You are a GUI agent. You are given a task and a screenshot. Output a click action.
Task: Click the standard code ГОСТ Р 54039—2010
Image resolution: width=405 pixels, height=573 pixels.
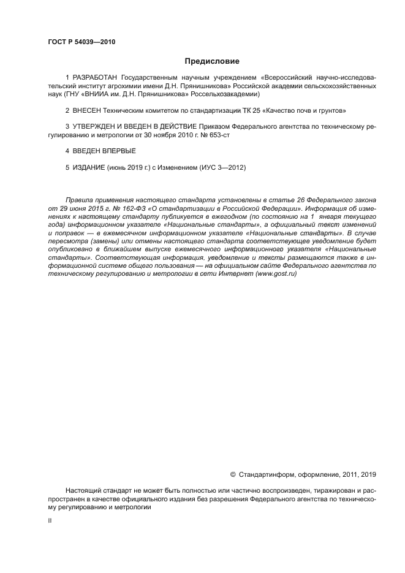(81, 42)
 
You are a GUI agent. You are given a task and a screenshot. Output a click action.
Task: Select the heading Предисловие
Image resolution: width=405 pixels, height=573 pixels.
(211, 61)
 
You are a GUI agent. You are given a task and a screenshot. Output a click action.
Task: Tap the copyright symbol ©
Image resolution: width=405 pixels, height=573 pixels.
(232, 474)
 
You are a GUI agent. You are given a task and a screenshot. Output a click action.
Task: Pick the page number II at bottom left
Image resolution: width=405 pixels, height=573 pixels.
(50, 520)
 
